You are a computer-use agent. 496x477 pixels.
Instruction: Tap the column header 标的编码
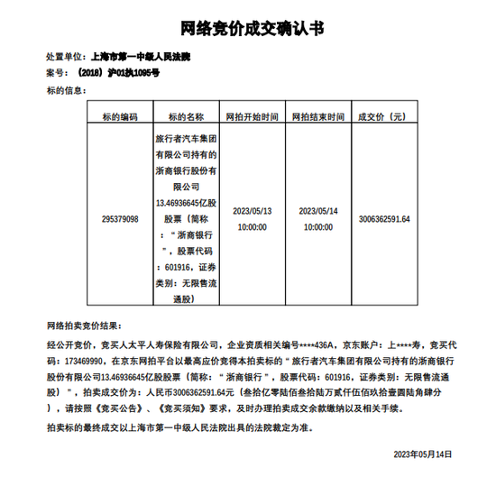pyautogui.click(x=120, y=116)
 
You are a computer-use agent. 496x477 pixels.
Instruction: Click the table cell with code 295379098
pyautogui.click(x=120, y=219)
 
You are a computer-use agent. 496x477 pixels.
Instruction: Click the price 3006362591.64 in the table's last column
pyautogui.click(x=384, y=219)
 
